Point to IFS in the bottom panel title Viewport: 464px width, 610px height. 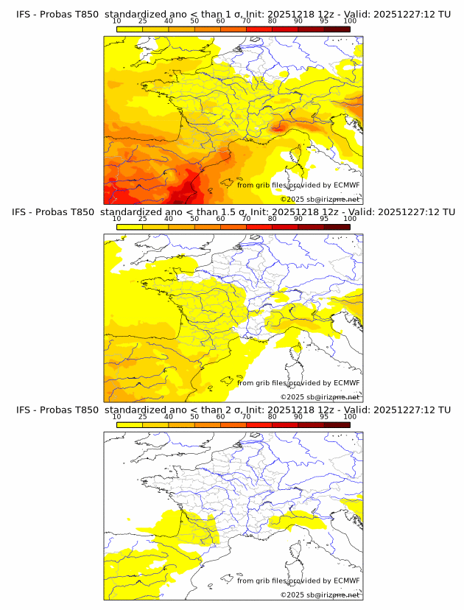coord(24,410)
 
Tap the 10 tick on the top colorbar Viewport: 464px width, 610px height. coord(117,21)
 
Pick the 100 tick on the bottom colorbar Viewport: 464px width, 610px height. coord(350,417)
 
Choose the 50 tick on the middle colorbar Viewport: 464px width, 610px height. coord(194,219)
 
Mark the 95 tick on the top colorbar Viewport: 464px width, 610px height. coord(324,21)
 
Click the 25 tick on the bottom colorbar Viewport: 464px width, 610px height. coord(143,417)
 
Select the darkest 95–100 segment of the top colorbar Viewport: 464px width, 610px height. coord(337,29)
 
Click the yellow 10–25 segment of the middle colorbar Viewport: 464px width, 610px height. coord(130,227)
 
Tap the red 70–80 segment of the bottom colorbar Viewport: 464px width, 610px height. coord(259,425)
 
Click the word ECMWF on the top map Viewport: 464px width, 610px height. coord(346,185)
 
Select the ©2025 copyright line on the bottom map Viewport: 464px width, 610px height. coord(320,595)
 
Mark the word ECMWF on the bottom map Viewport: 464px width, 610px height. coord(346,581)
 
